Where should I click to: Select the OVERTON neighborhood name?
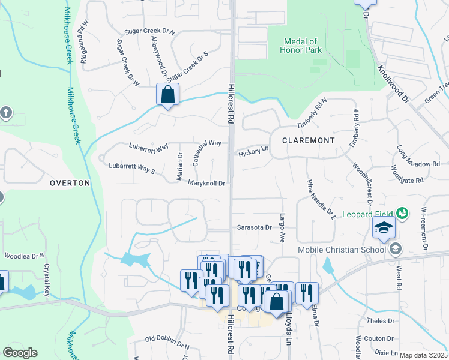(70, 182)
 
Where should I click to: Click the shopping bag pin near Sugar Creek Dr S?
(168, 95)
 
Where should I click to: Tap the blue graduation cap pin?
(384, 228)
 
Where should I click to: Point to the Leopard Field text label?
(367, 214)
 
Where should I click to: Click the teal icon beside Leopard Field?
(402, 213)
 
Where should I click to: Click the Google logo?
(20, 353)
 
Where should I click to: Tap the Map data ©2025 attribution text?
(423, 355)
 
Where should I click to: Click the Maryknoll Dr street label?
(206, 183)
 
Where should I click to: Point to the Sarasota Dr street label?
(255, 228)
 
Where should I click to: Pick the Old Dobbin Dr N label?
(167, 343)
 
